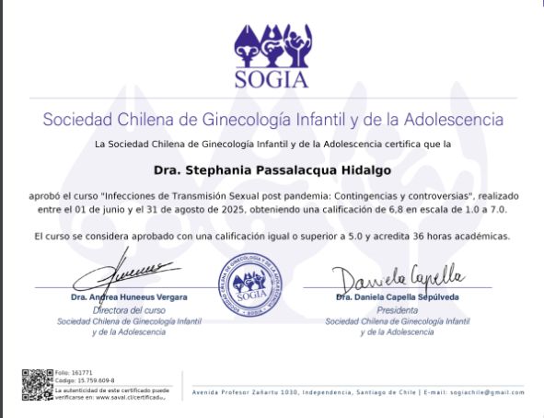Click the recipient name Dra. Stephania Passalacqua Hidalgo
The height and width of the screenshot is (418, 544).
[272, 169]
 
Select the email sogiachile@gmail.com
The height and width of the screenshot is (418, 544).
[487, 392]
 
